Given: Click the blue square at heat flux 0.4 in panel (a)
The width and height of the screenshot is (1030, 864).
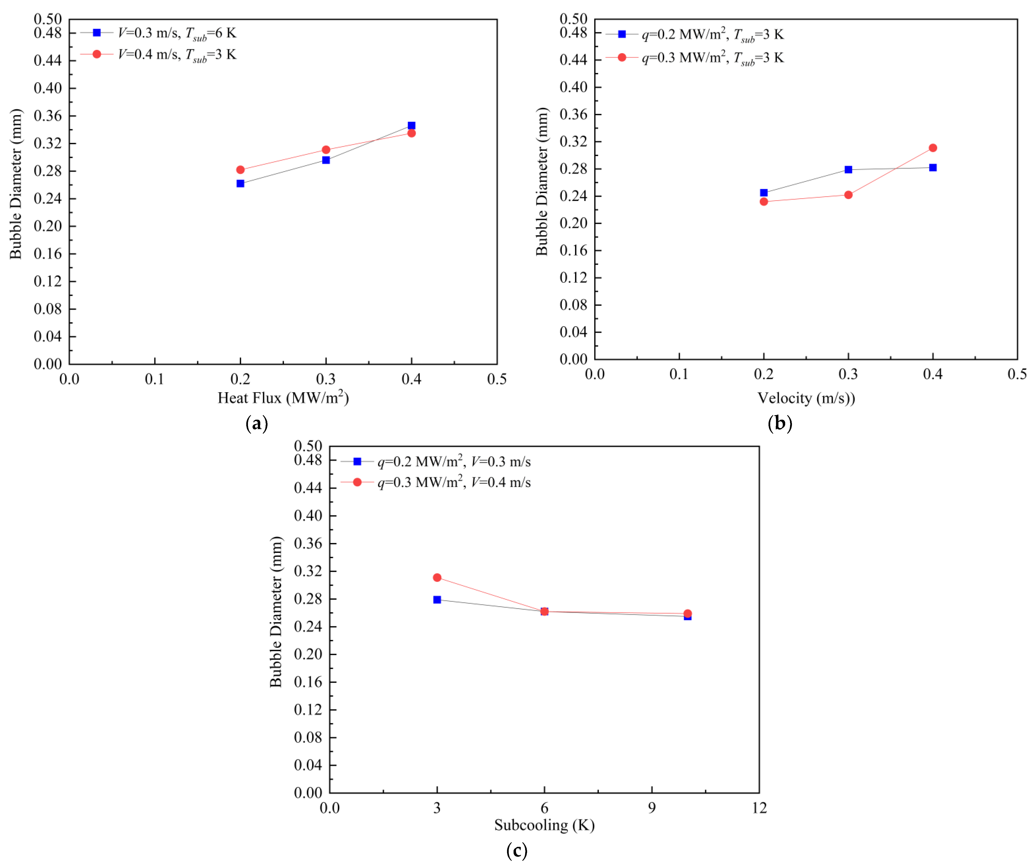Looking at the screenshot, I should coord(412,126).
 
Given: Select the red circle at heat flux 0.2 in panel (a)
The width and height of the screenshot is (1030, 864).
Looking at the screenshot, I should coord(240,170).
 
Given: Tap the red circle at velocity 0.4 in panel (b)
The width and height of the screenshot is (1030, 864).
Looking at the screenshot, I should coord(933,148).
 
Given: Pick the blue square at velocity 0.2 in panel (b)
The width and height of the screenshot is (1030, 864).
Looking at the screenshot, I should coord(764,193).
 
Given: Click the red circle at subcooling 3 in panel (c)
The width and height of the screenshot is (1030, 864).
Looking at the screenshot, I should coord(437,578).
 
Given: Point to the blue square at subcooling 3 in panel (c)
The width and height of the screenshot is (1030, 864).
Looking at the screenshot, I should coord(437,600).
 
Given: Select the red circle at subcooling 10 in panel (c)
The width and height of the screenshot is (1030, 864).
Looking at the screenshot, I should coord(688,613).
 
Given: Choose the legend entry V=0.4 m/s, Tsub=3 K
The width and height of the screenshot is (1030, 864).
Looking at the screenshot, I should coord(177,54).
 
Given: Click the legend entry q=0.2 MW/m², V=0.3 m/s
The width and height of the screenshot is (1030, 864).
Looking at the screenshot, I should coord(454,462).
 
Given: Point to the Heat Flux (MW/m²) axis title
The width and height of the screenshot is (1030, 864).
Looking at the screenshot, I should coord(283,397).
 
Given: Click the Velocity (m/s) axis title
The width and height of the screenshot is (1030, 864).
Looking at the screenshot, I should coord(806,397).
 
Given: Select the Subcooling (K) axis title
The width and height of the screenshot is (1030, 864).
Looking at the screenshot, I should coord(544,825).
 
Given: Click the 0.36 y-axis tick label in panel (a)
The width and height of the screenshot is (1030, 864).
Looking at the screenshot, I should coord(48,116).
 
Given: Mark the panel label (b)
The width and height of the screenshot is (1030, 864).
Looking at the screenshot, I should coord(780,423).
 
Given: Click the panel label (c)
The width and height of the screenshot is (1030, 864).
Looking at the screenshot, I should coord(516,850).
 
